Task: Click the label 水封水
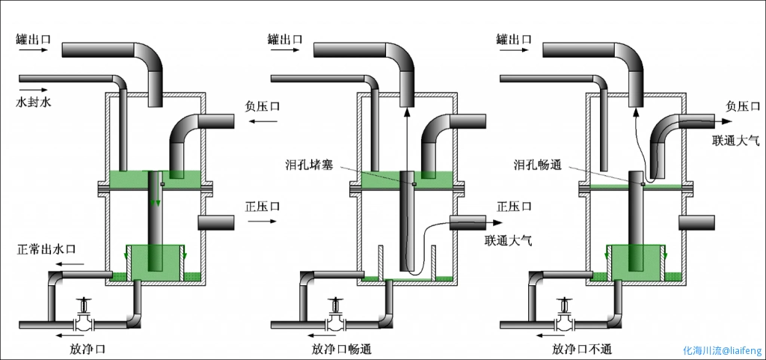pyautogui.click(x=35, y=100)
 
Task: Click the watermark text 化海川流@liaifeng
pyautogui.click(x=721, y=350)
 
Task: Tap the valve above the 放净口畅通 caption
pyautogui.click(x=336, y=319)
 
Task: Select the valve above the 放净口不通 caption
pyautogui.click(x=563, y=319)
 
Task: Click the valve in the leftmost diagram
pyautogui.click(x=84, y=319)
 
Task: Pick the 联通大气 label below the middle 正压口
pyautogui.click(x=511, y=241)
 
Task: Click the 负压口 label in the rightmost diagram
pyautogui.click(x=744, y=106)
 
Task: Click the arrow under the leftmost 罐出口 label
pyautogui.click(x=31, y=52)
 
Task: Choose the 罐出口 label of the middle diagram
pyautogui.click(x=285, y=38)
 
